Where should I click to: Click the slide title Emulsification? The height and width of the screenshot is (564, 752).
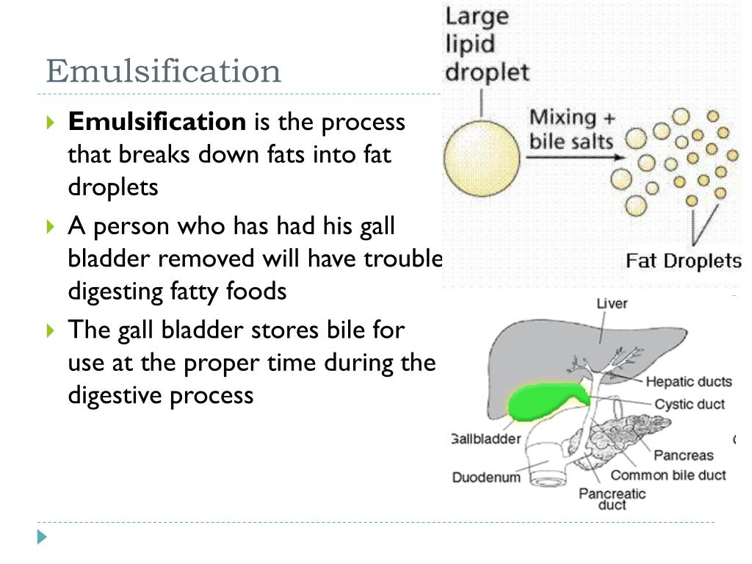(163, 71)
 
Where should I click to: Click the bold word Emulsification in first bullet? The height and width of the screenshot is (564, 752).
(156, 121)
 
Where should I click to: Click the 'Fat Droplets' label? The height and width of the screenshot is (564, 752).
(683, 261)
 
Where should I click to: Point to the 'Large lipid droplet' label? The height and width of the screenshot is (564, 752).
(488, 44)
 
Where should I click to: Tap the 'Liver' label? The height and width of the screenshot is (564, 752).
(611, 303)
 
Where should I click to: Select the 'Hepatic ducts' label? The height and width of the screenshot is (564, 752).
(689, 381)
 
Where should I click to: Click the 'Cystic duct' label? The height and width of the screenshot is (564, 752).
(689, 404)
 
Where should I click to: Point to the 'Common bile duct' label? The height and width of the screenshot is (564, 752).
(668, 475)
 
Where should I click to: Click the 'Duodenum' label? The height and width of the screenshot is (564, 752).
(485, 477)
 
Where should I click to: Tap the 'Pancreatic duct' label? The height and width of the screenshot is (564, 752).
(612, 499)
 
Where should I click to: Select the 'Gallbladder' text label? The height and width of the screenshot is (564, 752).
(485, 439)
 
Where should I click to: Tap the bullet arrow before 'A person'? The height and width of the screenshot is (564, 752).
(50, 227)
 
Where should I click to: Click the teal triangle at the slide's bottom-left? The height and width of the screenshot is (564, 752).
(43, 537)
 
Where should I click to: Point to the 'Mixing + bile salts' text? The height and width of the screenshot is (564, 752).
(571, 129)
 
